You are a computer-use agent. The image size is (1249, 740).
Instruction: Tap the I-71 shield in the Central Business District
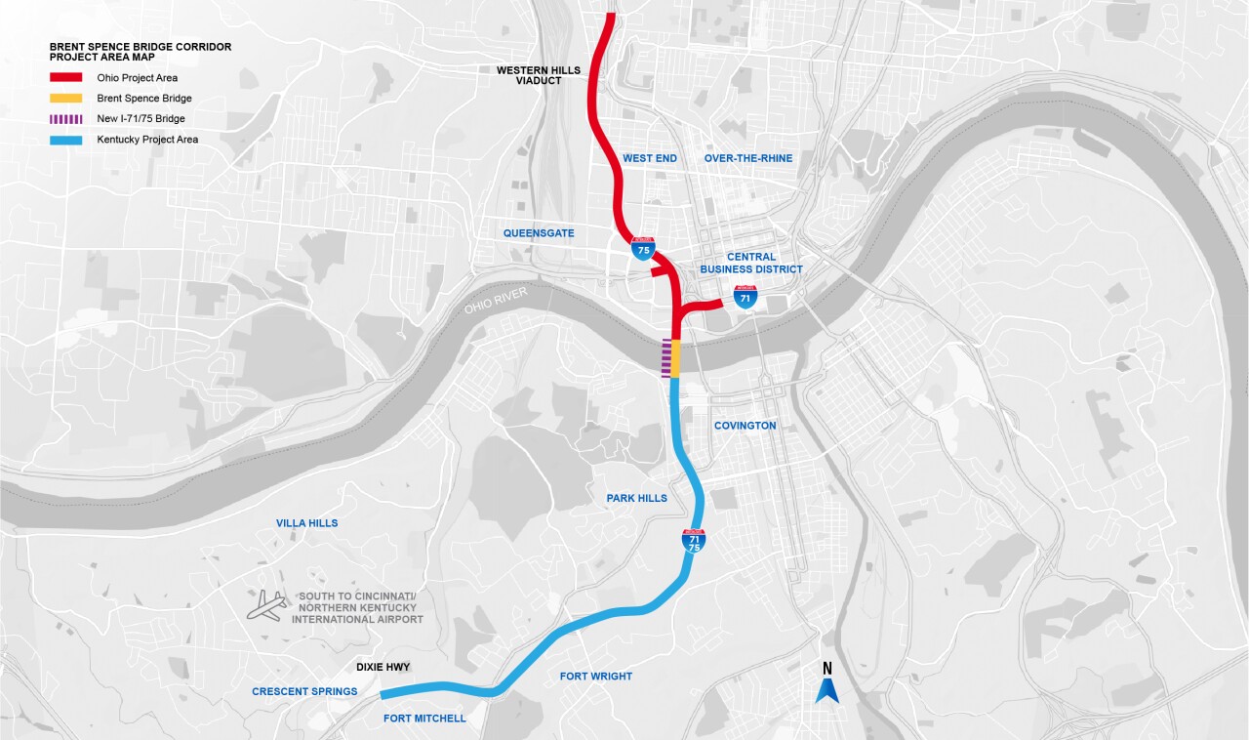coord(745,296)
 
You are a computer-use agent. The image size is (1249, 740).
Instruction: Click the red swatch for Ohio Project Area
coord(66,77)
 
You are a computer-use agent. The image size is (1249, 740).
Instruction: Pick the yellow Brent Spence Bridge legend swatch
coord(66,99)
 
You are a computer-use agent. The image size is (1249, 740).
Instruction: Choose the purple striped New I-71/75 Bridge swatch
coord(66,119)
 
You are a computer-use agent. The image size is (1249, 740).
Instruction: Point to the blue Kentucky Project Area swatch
coord(66,140)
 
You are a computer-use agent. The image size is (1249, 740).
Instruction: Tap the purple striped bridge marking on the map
coord(665,358)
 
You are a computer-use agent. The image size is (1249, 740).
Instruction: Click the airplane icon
coord(266,606)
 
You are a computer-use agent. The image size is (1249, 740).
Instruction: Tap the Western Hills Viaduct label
coord(538,75)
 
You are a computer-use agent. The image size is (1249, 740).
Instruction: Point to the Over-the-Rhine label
coord(748,158)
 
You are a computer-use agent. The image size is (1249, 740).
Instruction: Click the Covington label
coord(745,426)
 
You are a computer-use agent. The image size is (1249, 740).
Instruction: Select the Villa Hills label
coord(306,523)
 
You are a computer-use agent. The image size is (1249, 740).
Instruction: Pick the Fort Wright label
coord(595,677)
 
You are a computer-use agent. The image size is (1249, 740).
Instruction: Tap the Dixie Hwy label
coord(382,668)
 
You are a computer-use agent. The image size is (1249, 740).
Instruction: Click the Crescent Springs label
coord(304,692)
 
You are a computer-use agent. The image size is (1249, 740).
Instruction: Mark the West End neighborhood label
coord(649,158)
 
